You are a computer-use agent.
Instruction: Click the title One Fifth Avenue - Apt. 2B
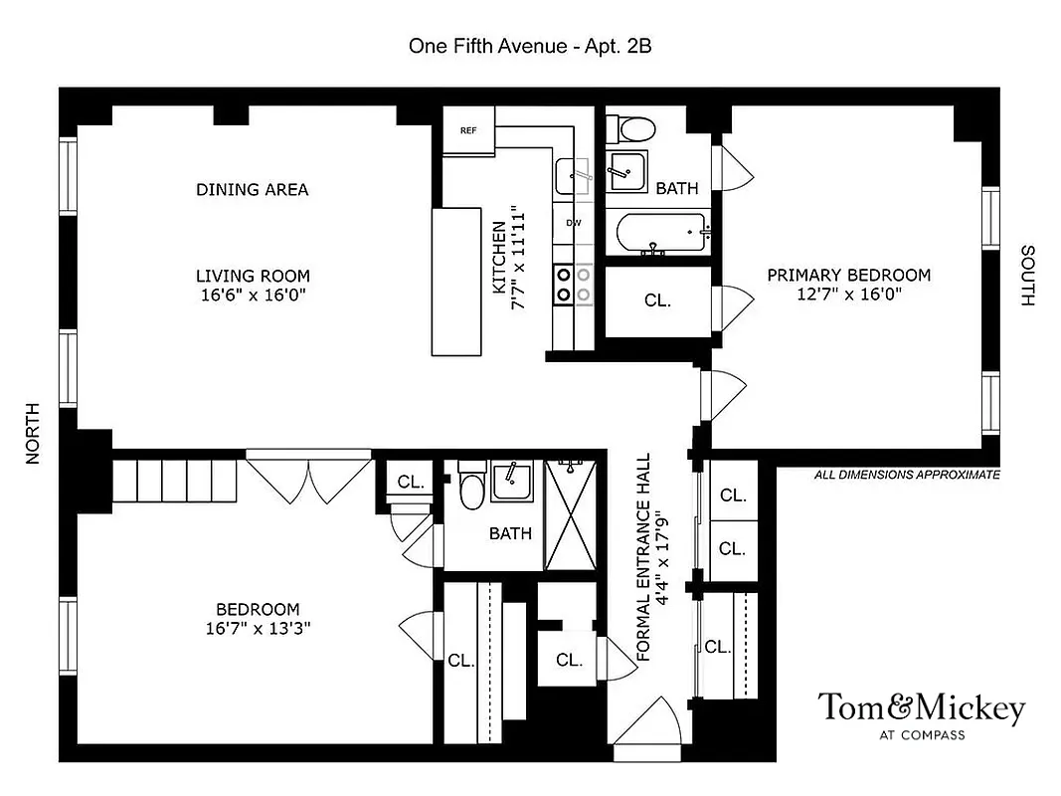tap(530, 46)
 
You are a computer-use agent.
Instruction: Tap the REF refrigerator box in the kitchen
tap(468, 131)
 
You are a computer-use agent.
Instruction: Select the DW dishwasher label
tap(574, 223)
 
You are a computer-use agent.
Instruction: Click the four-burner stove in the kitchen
tap(573, 283)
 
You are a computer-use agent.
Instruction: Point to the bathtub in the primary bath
tap(659, 235)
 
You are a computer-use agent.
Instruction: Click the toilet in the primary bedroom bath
tap(634, 127)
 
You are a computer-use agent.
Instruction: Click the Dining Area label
tap(252, 189)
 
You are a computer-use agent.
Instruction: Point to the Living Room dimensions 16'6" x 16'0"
tap(252, 295)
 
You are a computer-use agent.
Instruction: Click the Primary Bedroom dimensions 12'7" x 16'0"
tap(848, 295)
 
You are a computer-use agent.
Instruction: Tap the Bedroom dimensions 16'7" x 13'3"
tap(258, 628)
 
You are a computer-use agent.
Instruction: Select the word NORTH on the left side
tap(33, 433)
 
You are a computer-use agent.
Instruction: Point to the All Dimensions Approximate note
tap(907, 476)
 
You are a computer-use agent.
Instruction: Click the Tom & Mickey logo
tap(920, 715)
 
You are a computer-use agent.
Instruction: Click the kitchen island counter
tap(454, 281)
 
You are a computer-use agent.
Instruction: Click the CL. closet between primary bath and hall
tap(657, 300)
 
